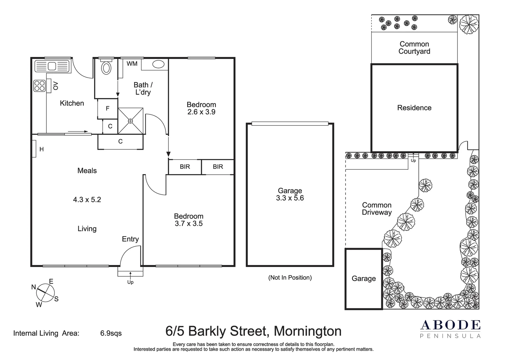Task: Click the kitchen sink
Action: (52, 66)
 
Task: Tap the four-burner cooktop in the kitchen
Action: (39, 86)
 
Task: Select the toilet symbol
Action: (106, 68)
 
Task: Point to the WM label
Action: (132, 64)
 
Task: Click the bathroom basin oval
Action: (158, 64)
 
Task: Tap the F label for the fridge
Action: (107, 108)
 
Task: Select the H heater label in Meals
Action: (41, 149)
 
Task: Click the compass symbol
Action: (45, 293)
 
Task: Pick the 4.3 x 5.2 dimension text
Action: (87, 200)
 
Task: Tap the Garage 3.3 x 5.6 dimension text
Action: (290, 198)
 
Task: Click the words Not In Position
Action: (290, 278)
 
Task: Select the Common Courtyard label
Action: (414, 48)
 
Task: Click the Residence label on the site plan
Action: (414, 108)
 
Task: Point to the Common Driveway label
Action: (377, 209)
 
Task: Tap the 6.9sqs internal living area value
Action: (111, 333)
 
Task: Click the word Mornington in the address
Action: (307, 331)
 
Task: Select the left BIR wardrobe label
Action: (185, 167)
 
